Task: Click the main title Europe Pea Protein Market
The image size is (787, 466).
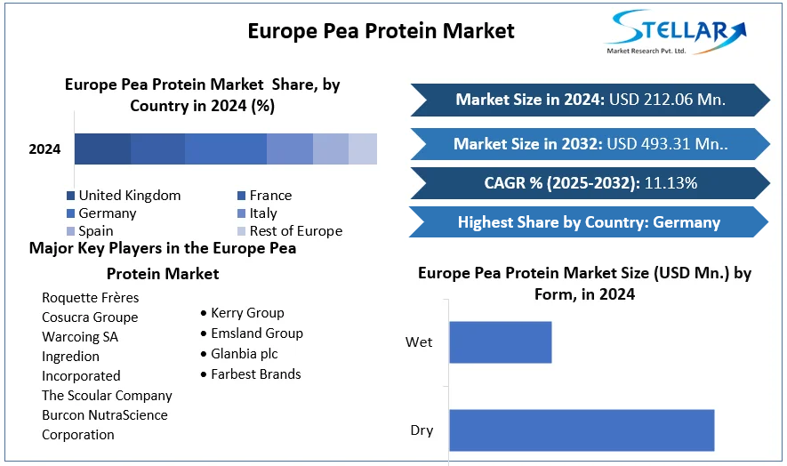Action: pyautogui.click(x=381, y=31)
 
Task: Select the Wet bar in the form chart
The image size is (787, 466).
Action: pyautogui.click(x=500, y=342)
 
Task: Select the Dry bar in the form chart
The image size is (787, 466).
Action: pyautogui.click(x=582, y=430)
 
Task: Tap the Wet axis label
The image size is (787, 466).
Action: pyautogui.click(x=419, y=342)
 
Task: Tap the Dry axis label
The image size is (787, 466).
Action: pyautogui.click(x=422, y=430)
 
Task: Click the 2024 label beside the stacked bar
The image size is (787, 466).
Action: pyautogui.click(x=44, y=149)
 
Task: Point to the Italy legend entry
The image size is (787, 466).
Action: pyautogui.click(x=263, y=213)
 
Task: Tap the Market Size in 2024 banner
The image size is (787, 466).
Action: pyautogui.click(x=590, y=100)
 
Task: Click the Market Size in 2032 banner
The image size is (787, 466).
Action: pyautogui.click(x=590, y=144)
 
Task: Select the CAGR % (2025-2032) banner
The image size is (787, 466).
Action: pyautogui.click(x=590, y=184)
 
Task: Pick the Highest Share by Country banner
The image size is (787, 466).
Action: pyautogui.click(x=590, y=222)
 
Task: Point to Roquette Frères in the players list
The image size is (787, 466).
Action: pyautogui.click(x=90, y=298)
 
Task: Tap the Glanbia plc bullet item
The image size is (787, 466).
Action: pyautogui.click(x=244, y=354)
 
